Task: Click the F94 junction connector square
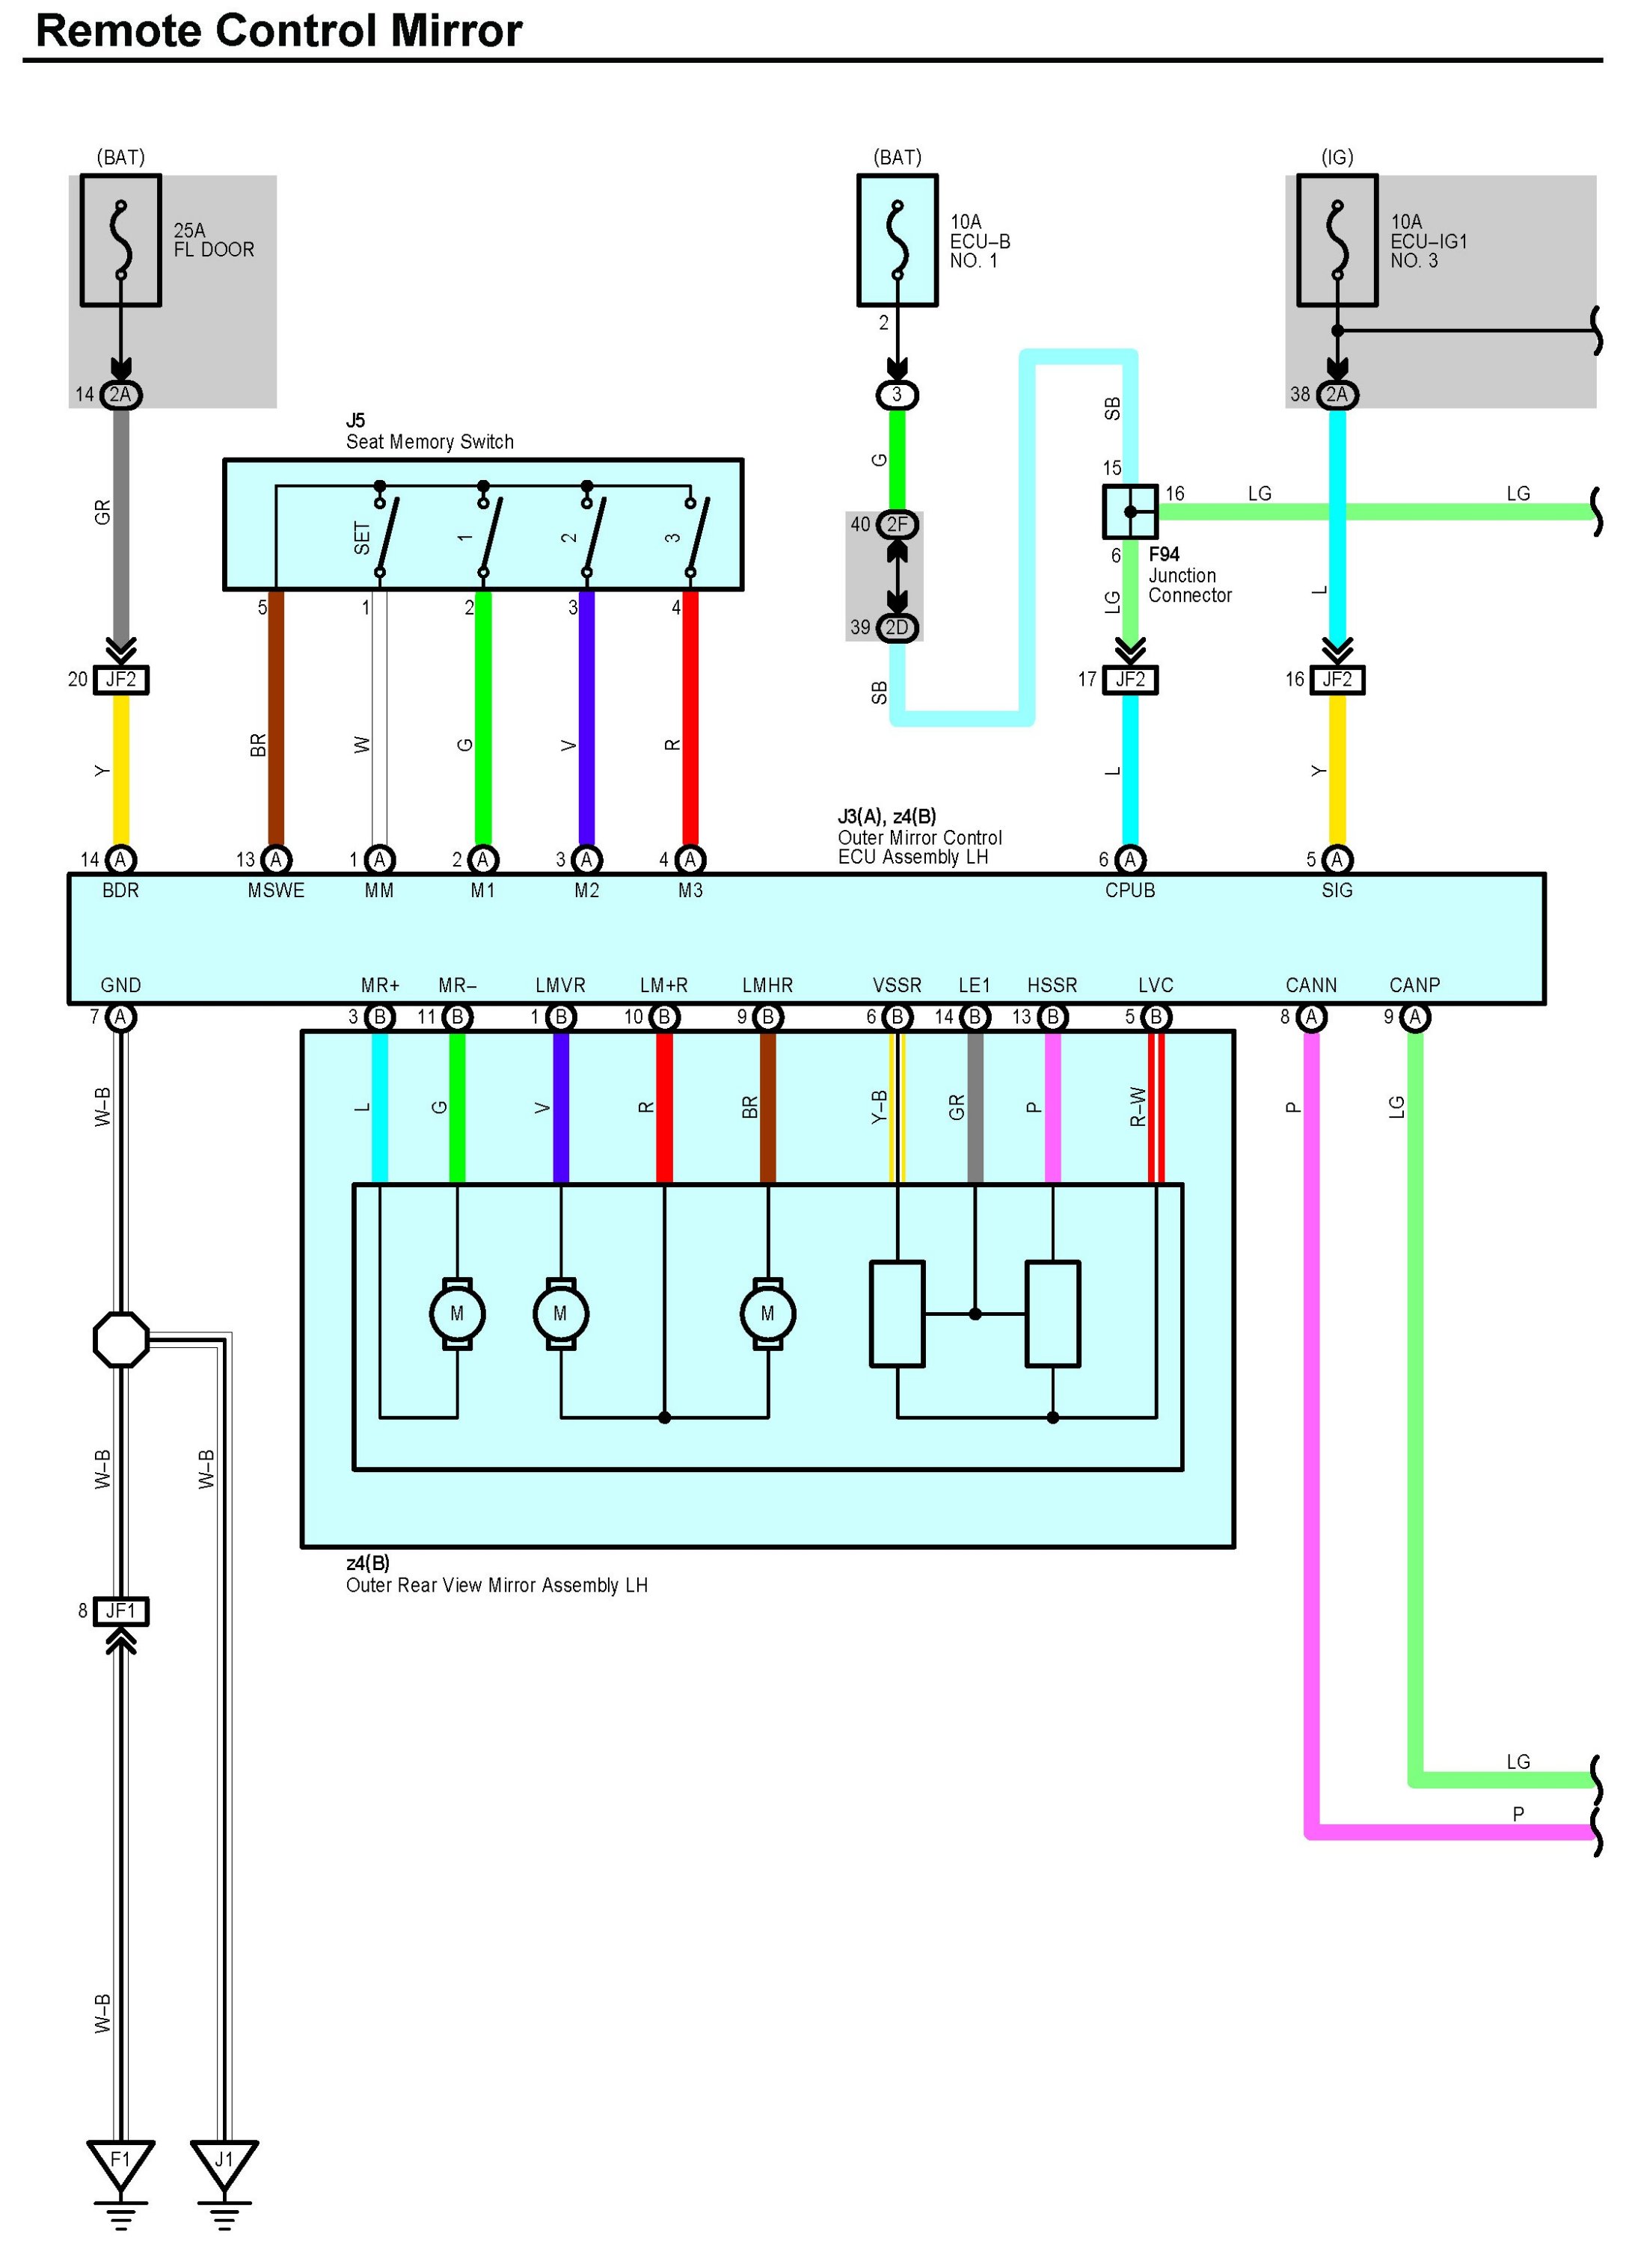click(x=1129, y=511)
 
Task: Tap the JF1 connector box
click(x=120, y=1611)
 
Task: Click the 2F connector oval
click(x=897, y=524)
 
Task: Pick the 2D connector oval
click(x=897, y=627)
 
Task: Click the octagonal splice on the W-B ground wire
click(x=120, y=1339)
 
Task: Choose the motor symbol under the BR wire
click(x=767, y=1314)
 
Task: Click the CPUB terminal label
click(x=1129, y=890)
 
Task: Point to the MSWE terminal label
click(x=276, y=890)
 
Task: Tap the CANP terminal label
click(x=1414, y=985)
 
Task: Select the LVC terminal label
click(x=1156, y=985)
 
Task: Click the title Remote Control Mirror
click(x=279, y=31)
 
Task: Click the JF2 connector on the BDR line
click(x=120, y=680)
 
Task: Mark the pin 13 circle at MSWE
click(x=276, y=859)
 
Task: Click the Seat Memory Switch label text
click(x=430, y=442)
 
